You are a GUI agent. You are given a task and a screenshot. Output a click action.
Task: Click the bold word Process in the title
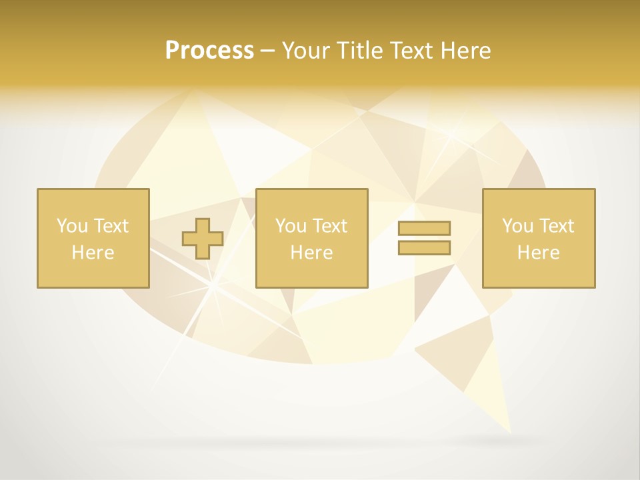209,51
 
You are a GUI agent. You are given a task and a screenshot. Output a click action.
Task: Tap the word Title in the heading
358,51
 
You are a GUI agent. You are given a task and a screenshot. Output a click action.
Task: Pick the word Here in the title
468,51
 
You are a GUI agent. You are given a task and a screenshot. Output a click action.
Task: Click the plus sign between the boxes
203,239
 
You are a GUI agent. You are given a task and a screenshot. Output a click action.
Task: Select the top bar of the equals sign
424,228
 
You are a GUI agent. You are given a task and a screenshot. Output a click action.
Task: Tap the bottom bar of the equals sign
424,247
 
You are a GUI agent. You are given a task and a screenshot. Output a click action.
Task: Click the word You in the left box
71,226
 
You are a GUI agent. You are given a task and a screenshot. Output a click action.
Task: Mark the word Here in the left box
93,253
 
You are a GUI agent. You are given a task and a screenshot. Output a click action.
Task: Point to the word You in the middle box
290,226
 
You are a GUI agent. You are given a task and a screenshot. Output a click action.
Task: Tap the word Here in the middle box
311,253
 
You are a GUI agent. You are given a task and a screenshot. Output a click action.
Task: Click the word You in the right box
517,226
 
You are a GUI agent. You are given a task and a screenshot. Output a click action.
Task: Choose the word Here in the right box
538,253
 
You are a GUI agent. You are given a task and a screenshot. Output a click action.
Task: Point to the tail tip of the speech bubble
510,431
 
